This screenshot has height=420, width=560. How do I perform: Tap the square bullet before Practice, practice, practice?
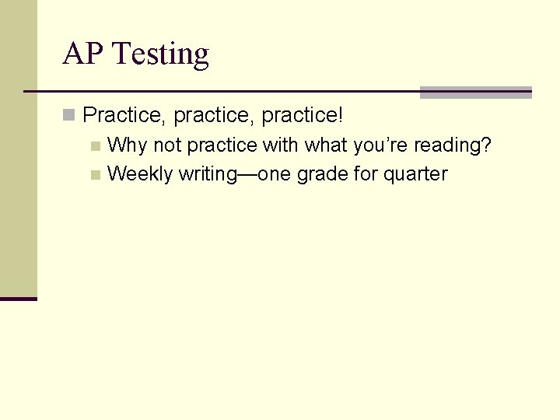pos(70,116)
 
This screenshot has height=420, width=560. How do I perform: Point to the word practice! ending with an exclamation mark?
pos(302,116)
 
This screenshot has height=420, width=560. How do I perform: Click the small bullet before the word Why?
pos(95,145)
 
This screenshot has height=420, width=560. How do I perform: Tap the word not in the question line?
pos(167,145)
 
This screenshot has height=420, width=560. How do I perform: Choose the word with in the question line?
pos(281,145)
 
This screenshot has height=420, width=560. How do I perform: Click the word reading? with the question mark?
pos(454,146)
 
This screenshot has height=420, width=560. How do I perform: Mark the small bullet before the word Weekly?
pos(95,175)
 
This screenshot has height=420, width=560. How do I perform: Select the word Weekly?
pos(140,174)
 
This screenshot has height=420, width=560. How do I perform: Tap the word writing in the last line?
pos(206,174)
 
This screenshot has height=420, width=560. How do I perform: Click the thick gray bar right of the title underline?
pos(475,93)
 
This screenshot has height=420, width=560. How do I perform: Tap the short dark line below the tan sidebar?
pos(19,299)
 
